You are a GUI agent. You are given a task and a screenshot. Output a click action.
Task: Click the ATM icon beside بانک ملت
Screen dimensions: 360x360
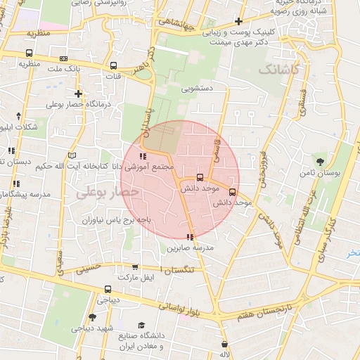[64, 58]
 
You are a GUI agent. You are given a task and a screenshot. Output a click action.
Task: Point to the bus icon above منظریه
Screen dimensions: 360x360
[29, 53]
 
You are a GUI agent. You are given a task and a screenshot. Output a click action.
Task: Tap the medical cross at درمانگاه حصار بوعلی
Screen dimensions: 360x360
[78, 94]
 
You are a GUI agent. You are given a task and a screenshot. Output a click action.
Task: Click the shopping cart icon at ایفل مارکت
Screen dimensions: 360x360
[135, 267]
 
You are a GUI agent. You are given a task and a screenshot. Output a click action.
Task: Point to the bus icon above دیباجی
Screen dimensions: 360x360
[107, 288]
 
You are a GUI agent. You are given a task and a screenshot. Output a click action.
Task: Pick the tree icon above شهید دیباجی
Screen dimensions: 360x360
[92, 318]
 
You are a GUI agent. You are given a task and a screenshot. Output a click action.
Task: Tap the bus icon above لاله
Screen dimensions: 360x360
[225, 345]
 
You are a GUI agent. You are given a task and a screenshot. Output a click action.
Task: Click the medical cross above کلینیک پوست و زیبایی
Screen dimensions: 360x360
[240, 21]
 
